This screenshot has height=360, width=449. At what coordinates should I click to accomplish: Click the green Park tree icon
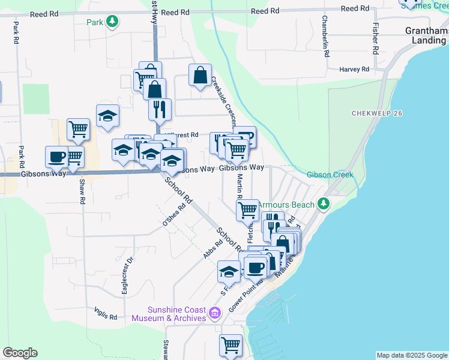[112, 22]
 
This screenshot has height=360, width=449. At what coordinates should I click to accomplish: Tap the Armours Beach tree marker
[324, 205]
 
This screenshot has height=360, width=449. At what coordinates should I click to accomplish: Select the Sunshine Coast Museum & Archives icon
[215, 313]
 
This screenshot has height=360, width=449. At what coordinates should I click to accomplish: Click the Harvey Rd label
[353, 70]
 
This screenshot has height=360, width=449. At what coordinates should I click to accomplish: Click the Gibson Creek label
[330, 175]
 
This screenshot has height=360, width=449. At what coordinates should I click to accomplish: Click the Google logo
[20, 353]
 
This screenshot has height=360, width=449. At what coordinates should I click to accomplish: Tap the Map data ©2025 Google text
[411, 355]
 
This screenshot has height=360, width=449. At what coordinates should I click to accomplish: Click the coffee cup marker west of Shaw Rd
[57, 157]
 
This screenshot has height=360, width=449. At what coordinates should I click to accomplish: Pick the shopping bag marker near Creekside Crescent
[200, 76]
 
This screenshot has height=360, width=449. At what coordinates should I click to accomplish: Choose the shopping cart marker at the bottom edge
[231, 346]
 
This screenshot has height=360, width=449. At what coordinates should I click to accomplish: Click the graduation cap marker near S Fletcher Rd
[229, 272]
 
